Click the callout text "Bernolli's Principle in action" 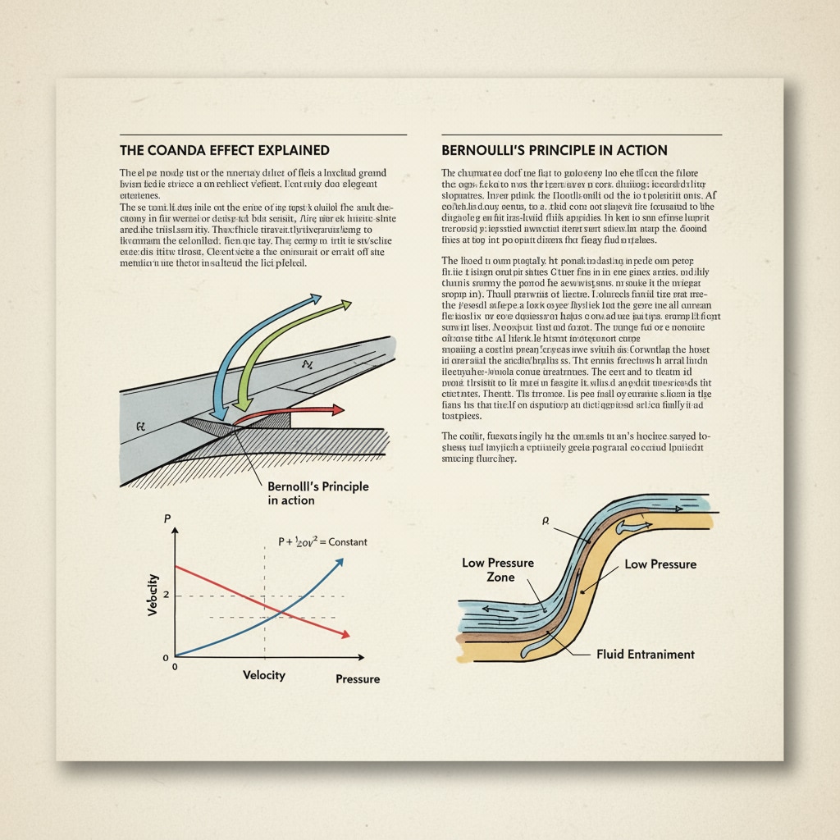tap(317, 493)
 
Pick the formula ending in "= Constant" tap(323, 542)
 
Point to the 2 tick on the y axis tap(166, 594)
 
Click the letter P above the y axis tap(167, 518)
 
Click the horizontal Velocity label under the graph tap(263, 674)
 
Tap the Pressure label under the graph tap(358, 679)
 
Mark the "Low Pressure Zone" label tap(498, 570)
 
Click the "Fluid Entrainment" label tap(646, 654)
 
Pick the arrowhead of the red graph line tap(346, 634)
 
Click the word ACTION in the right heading tap(640, 151)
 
